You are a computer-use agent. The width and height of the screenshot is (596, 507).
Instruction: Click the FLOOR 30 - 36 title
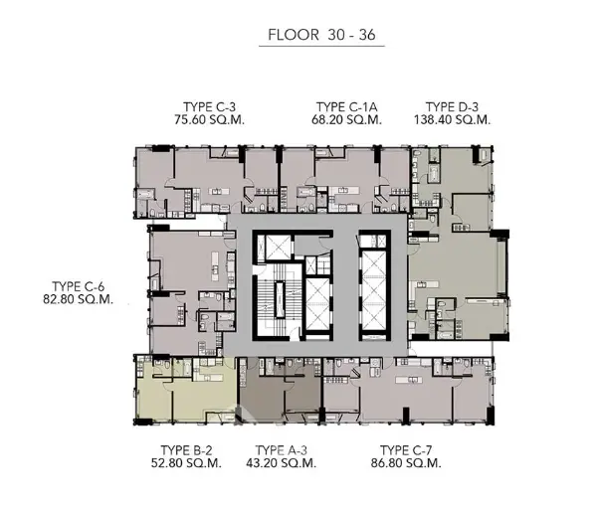tap(321, 35)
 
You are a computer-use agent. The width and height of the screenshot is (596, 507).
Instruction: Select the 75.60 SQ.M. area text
tap(209, 119)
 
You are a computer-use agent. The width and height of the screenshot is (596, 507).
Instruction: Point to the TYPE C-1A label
tap(346, 106)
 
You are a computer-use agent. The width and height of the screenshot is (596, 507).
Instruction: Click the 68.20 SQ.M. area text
tap(346, 119)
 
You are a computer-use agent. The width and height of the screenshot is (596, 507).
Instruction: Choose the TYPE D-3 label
tap(452, 106)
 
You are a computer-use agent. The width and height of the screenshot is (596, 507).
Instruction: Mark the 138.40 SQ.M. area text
tap(453, 119)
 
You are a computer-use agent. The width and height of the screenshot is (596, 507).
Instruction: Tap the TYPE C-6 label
tap(79, 286)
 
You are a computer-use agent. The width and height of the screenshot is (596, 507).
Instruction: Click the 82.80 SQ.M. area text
tap(79, 299)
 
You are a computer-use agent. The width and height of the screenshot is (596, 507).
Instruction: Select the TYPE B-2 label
tap(186, 450)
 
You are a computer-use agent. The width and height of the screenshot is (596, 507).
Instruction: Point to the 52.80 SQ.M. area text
tap(186, 463)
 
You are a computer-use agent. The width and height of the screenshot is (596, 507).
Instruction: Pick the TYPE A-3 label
tap(282, 450)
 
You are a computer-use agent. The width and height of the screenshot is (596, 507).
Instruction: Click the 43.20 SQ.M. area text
tap(282, 463)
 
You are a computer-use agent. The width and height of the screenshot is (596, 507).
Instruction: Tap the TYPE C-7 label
tap(406, 450)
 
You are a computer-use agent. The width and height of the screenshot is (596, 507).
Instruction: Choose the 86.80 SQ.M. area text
tap(406, 463)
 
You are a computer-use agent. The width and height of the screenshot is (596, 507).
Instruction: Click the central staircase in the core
tap(280, 300)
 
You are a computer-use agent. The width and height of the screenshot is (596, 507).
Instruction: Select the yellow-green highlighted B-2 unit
tap(185, 390)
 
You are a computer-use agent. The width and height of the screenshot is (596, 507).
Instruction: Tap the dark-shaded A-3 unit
tap(280, 391)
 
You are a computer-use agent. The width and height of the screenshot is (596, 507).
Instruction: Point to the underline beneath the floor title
tap(321, 47)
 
